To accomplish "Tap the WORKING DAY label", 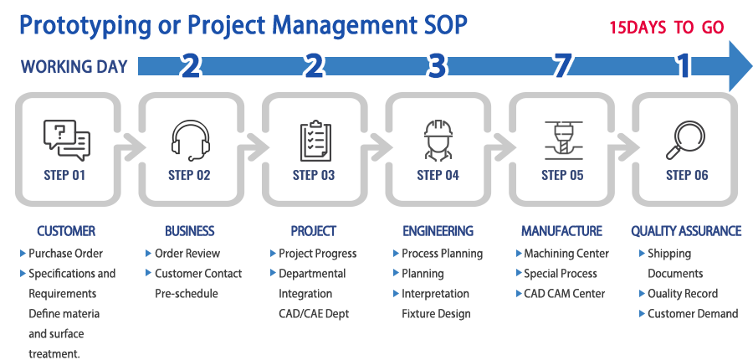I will (74, 67).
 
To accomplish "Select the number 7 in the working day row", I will (562, 66).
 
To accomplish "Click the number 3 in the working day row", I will (436, 66).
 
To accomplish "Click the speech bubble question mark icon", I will (66, 140).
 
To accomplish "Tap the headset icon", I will (190, 140).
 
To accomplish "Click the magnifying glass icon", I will (684, 140).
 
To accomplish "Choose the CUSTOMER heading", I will (66, 231).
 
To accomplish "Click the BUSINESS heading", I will (189, 231).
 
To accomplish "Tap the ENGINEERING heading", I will (438, 231).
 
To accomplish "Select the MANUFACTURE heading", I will (561, 231).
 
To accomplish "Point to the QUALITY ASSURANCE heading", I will (685, 231).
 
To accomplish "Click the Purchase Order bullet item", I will (66, 254).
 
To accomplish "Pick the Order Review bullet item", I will (187, 254).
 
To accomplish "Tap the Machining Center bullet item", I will (566, 254).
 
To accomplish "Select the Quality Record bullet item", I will (682, 294).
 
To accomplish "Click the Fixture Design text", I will (436, 314).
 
